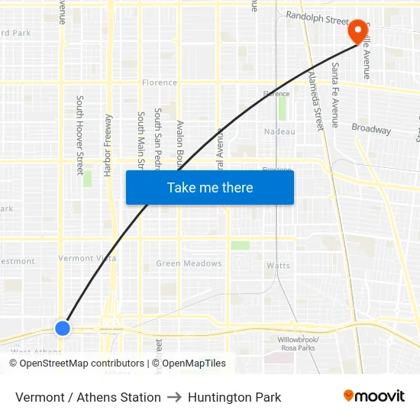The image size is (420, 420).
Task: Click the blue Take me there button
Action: coord(210,187)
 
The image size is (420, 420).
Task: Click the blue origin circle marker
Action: coord(63,328)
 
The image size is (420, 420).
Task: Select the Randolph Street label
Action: coord(316,17)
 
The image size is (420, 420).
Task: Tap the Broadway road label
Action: coord(371,129)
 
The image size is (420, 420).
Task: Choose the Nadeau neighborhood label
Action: coord(279,131)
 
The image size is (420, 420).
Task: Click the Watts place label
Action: coord(278,266)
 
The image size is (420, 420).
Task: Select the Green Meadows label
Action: coord(189,263)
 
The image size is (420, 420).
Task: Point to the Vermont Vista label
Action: coord(87,258)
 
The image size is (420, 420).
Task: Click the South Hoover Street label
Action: coord(79,135)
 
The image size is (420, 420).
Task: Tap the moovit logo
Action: coord(373,396)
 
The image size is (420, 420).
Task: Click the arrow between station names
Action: coord(174,397)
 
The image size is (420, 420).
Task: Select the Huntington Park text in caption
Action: coord(234,397)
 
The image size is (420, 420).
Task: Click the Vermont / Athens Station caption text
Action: coord(88,397)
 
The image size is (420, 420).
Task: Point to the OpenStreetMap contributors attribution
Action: coord(76,363)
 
